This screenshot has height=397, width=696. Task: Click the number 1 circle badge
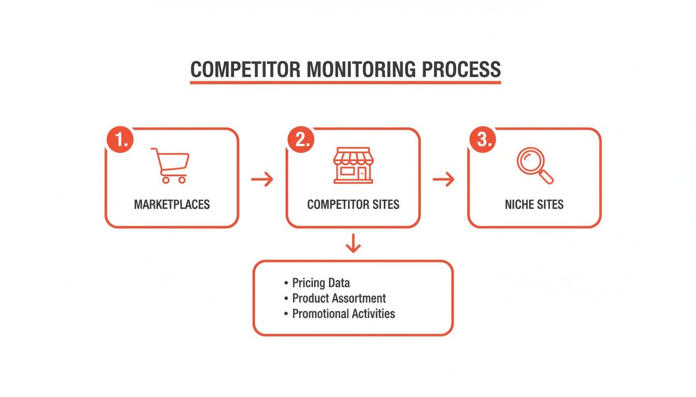click(120, 140)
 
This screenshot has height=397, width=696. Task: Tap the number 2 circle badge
click(301, 140)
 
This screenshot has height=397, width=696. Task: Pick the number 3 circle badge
click(483, 140)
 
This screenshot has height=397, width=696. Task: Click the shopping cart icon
click(170, 165)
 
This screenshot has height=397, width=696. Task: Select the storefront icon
click(353, 165)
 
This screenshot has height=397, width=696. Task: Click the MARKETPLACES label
click(172, 204)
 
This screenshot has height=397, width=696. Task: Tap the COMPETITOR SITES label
click(353, 204)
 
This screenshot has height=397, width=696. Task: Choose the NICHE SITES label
click(534, 204)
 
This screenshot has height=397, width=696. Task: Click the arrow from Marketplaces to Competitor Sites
click(262, 180)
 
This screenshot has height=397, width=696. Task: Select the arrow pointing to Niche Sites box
click(443, 180)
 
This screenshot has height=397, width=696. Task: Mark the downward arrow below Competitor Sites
click(353, 243)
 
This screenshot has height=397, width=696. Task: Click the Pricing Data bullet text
click(321, 283)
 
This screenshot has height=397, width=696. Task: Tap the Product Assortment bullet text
click(339, 298)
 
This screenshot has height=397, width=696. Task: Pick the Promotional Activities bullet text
click(343, 314)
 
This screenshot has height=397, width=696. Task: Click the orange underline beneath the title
click(345, 82)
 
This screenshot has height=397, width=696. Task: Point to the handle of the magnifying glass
click(546, 177)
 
